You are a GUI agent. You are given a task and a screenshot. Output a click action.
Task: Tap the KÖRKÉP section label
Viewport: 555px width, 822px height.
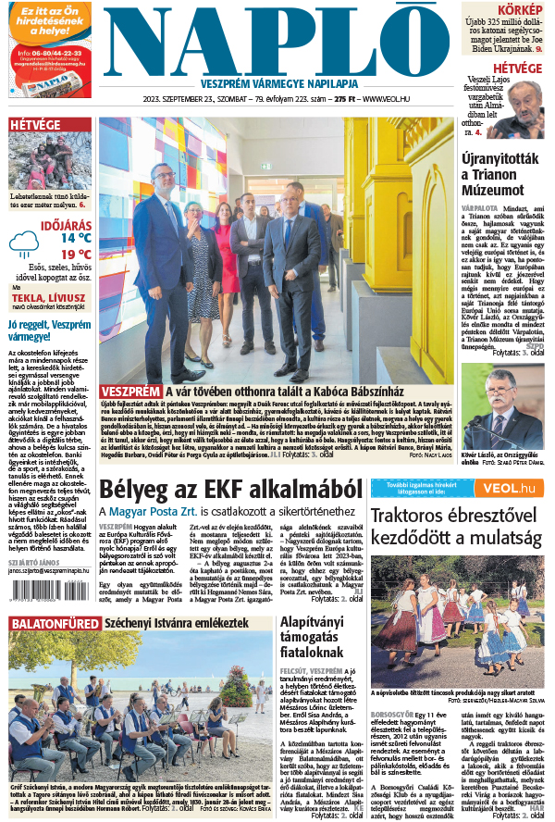tap(522, 8)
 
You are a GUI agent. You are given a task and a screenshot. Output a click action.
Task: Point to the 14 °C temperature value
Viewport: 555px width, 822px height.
tap(76, 237)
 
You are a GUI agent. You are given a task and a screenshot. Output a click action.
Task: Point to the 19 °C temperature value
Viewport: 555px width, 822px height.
tap(76, 254)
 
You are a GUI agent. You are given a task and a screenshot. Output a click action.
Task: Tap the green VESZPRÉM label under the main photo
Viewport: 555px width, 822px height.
tap(129, 391)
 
